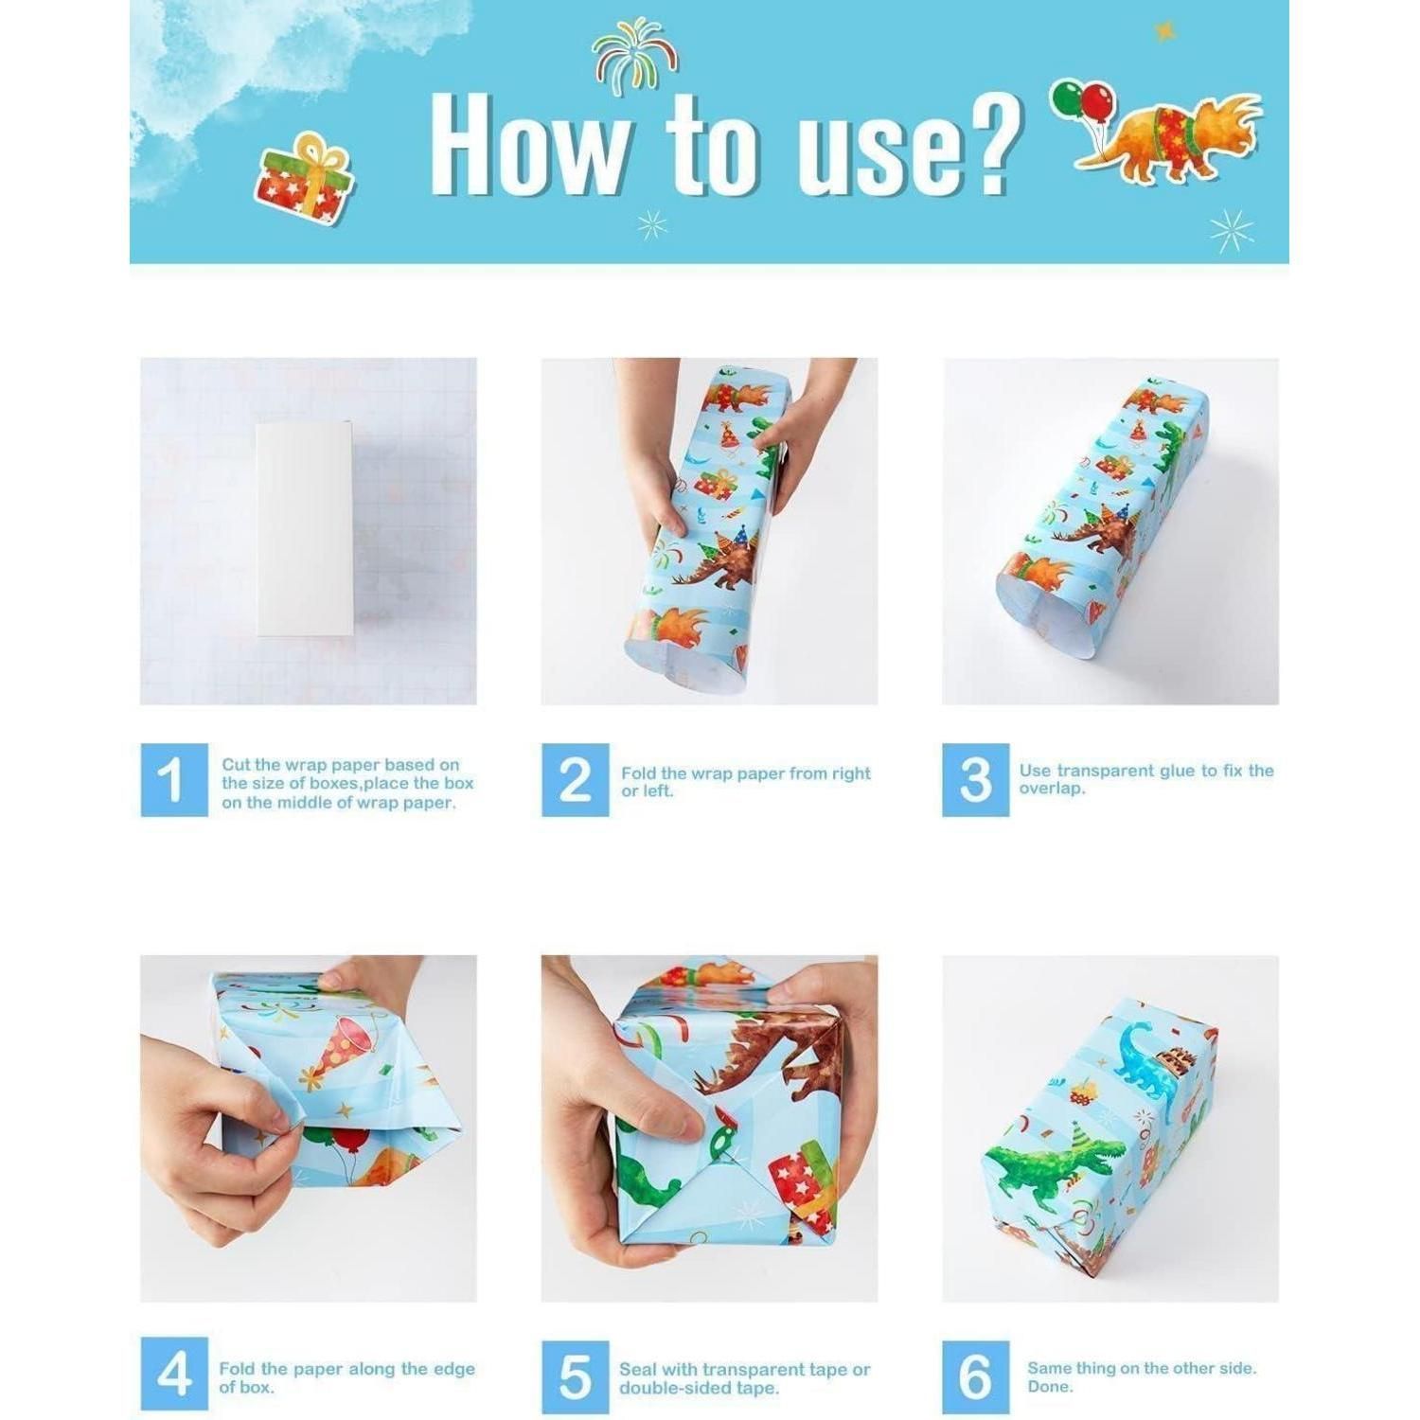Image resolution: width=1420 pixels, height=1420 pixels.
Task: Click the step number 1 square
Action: (174, 779)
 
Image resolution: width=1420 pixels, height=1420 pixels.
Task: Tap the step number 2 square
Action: (575, 779)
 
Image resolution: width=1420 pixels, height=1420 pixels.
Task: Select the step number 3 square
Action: (975, 779)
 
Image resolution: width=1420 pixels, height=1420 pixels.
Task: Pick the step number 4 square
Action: (174, 1375)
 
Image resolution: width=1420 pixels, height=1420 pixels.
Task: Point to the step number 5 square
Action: (575, 1375)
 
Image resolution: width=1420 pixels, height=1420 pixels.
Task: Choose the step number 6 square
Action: (975, 1375)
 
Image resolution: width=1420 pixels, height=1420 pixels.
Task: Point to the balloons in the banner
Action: (1081, 104)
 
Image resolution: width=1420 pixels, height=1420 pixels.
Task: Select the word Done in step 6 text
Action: (1050, 1387)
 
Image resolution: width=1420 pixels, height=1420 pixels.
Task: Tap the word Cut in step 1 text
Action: (237, 764)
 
